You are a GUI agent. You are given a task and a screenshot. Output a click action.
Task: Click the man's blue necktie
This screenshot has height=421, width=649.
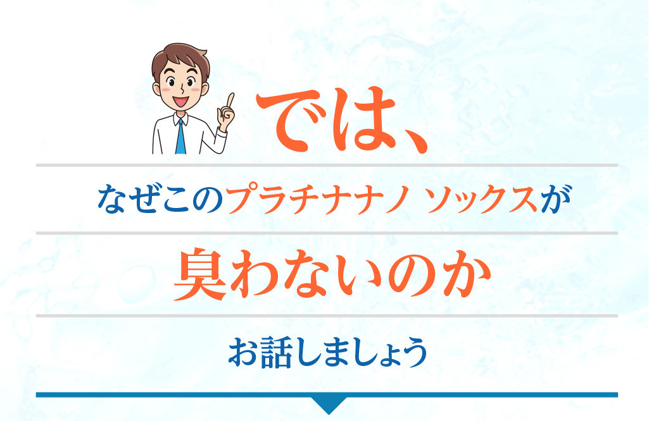click(x=180, y=137)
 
